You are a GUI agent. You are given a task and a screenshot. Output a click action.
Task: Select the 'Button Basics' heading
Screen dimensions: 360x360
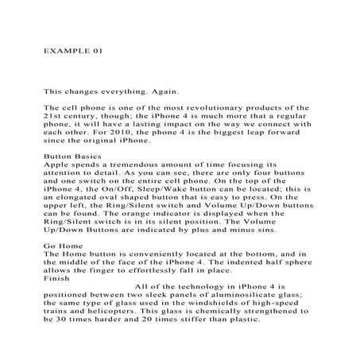(x=70, y=156)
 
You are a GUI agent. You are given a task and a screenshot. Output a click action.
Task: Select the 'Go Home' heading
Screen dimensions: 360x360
(x=61, y=246)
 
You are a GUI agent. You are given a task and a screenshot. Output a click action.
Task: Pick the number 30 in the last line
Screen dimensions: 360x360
(x=63, y=329)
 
